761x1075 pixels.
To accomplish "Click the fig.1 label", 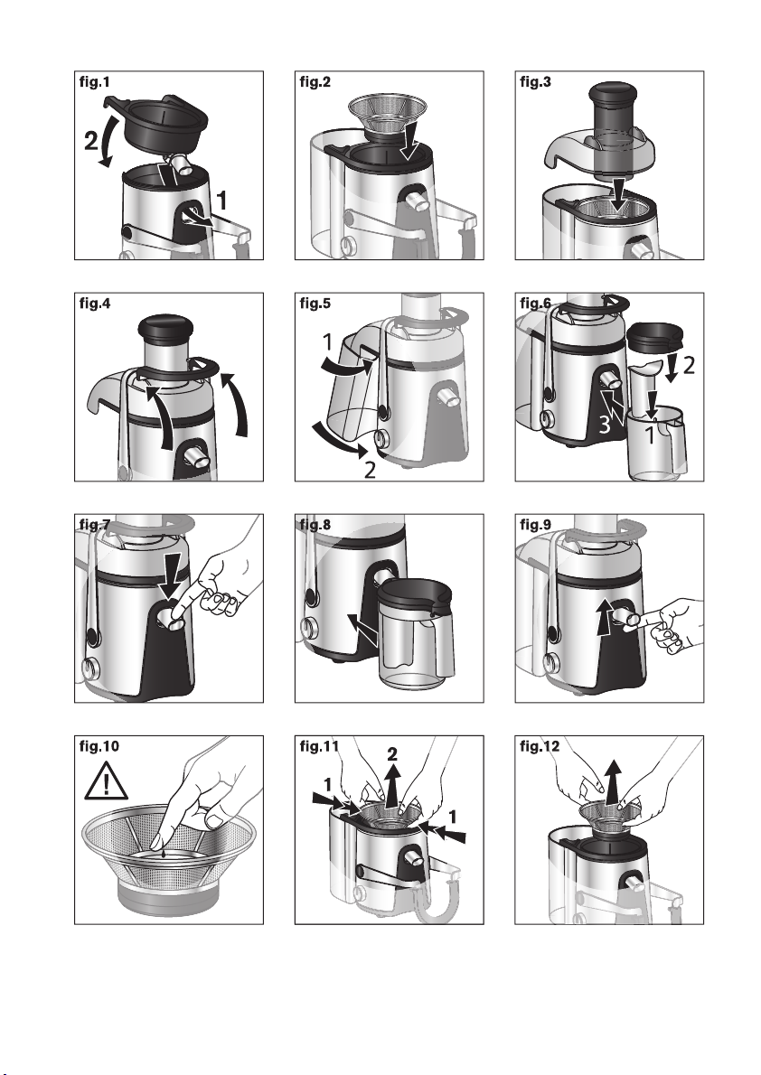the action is [95, 82].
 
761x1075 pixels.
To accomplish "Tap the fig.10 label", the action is [99, 746].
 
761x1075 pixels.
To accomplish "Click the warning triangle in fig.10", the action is [107, 784].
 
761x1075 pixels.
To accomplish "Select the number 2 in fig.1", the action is [90, 140].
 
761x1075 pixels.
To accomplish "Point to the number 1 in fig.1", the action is [221, 201].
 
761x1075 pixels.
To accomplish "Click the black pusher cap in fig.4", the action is [164, 326].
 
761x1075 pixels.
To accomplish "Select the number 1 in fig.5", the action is [328, 341].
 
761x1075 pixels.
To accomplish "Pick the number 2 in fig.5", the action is [370, 470].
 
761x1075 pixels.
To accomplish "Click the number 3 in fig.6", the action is [604, 425].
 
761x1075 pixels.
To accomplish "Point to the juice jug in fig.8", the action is [416, 633].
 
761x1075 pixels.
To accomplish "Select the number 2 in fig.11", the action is [392, 755].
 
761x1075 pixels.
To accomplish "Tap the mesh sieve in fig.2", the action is [388, 114].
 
